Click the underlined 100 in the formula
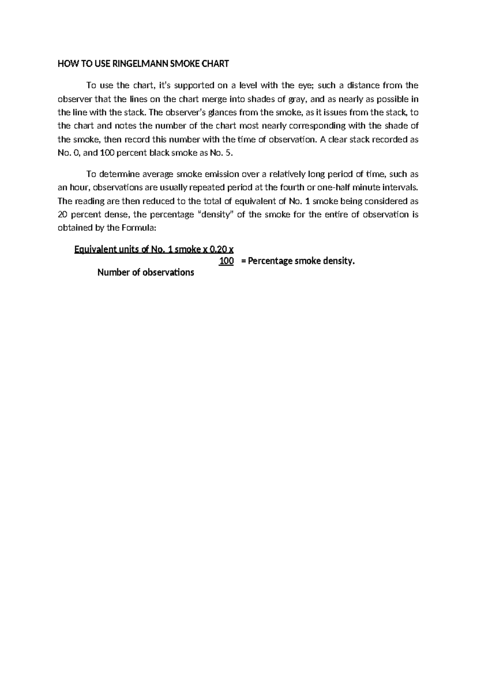click(x=226, y=261)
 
